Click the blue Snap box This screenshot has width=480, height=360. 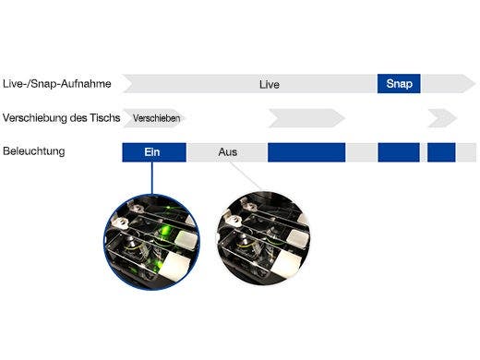[x=399, y=84]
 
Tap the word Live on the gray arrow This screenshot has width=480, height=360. [x=269, y=84]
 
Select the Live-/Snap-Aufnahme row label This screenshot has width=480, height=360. [x=57, y=84]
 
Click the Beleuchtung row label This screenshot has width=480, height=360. [x=34, y=151]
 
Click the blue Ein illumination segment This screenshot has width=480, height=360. [x=154, y=152]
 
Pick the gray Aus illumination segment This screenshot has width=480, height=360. [x=227, y=152]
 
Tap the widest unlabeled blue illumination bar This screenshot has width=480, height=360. [x=306, y=152]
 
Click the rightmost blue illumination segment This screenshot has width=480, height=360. [x=441, y=152]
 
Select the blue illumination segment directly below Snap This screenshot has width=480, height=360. [x=399, y=152]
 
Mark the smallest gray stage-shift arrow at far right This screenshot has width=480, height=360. [x=441, y=118]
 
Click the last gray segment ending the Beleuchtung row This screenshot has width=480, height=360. [x=466, y=152]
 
